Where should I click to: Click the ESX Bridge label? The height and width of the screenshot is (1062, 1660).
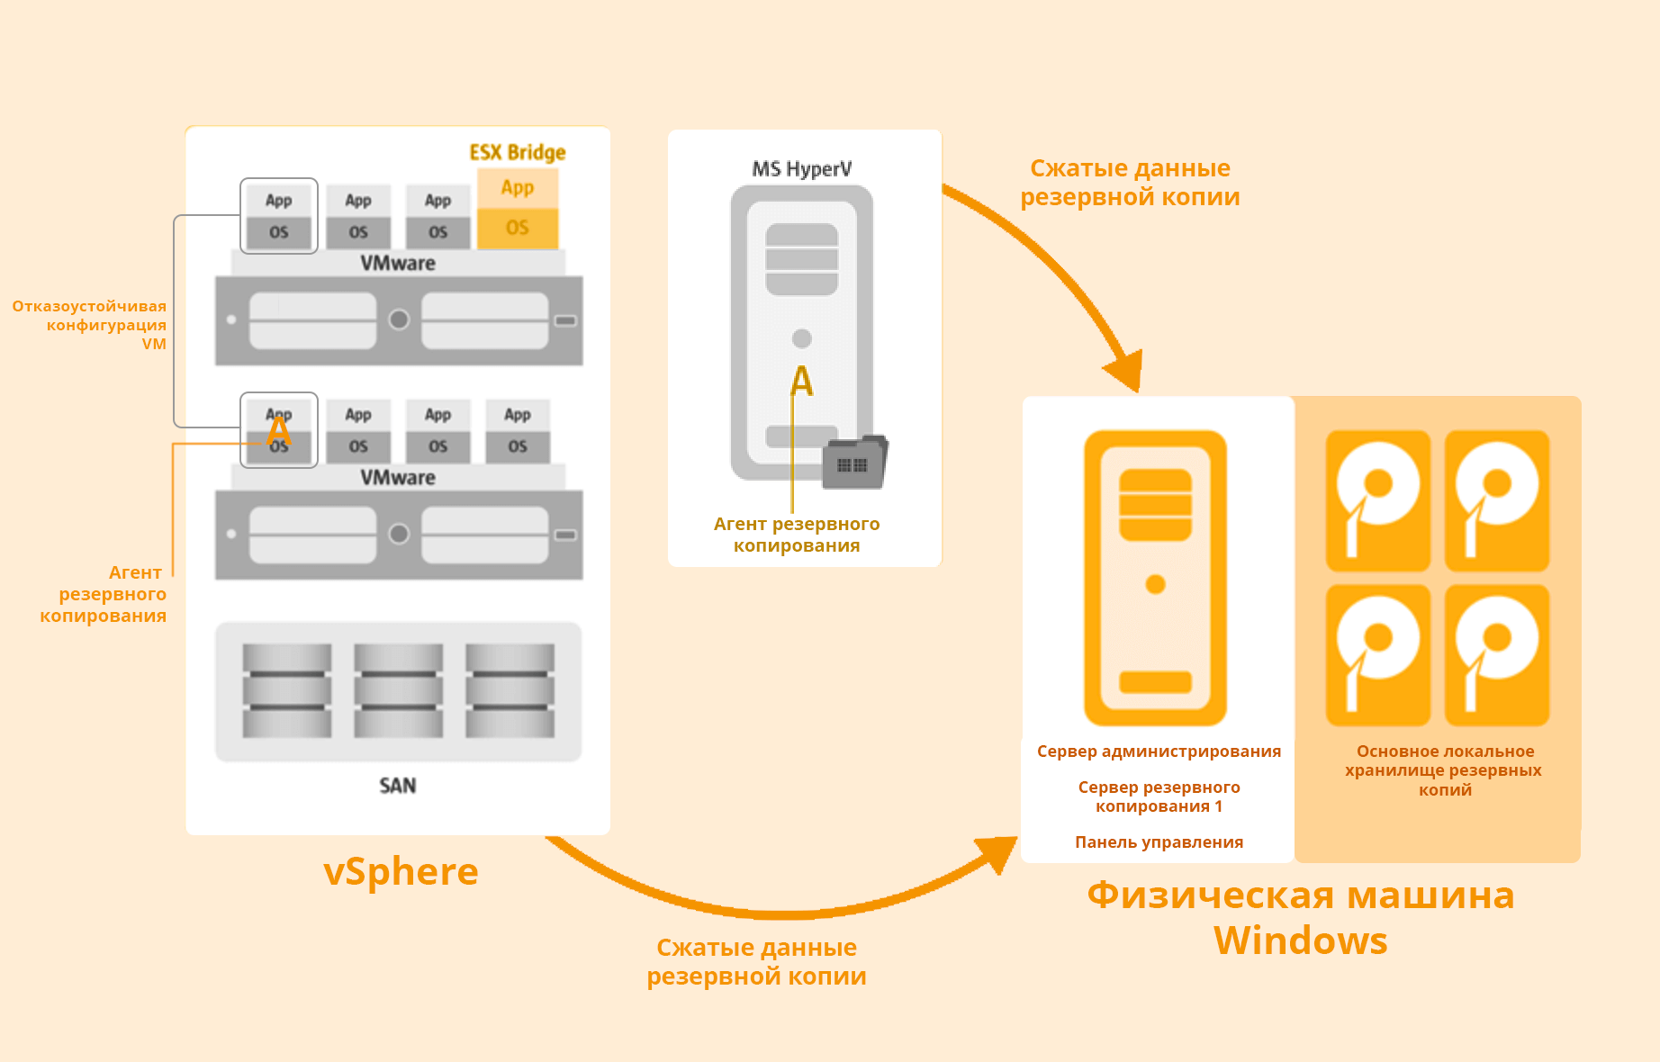tap(518, 152)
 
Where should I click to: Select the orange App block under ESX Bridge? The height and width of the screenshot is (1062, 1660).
tap(518, 188)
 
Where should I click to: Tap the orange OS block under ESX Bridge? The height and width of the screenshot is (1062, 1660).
tap(518, 228)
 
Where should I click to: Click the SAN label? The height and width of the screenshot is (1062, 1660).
tap(398, 786)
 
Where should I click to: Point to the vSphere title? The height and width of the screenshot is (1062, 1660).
tap(401, 871)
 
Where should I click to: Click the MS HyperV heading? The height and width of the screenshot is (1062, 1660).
tap(802, 169)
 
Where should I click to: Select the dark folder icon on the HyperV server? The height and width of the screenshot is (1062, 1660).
tap(854, 463)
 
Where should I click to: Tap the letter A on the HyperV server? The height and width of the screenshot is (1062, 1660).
tap(801, 382)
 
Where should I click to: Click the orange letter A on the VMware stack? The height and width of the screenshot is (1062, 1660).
tap(279, 430)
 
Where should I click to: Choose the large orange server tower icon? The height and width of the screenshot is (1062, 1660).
tap(1155, 578)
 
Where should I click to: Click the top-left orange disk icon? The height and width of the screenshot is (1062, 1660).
tap(1378, 500)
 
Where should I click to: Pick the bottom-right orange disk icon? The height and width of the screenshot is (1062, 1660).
tap(1497, 655)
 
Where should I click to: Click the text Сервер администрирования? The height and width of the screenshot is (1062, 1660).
tap(1159, 751)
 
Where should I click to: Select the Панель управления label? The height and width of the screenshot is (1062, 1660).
tap(1159, 842)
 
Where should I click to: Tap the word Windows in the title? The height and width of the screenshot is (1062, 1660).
tap(1300, 940)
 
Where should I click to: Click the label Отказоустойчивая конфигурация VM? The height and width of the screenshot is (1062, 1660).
tap(90, 325)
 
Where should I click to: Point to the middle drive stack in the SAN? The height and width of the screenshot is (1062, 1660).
tap(398, 690)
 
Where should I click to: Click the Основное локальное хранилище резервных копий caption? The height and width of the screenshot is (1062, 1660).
tap(1444, 770)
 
